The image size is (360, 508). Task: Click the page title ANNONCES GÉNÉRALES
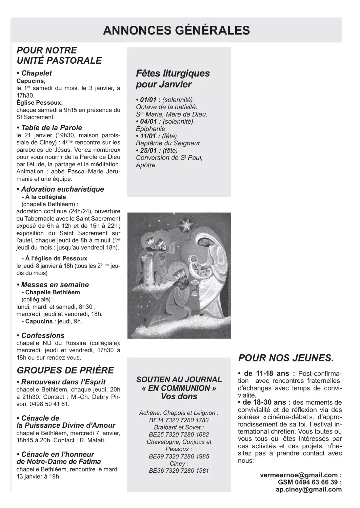coord(176,30)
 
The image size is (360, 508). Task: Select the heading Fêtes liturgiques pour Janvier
coord(173,79)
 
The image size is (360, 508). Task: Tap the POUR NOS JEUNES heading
coord(286,358)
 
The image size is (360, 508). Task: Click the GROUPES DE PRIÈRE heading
coord(65,370)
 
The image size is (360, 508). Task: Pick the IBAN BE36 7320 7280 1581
coord(179,470)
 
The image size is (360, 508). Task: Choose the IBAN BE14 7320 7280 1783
coord(179,420)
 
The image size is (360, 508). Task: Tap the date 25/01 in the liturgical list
coord(148,150)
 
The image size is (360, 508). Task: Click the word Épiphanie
coord(151,129)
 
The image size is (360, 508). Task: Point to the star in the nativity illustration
coord(185,224)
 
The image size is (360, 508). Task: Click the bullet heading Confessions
coord(43,335)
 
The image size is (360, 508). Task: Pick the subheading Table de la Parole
coord(52,128)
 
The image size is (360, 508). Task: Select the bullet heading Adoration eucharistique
coord(62,189)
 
